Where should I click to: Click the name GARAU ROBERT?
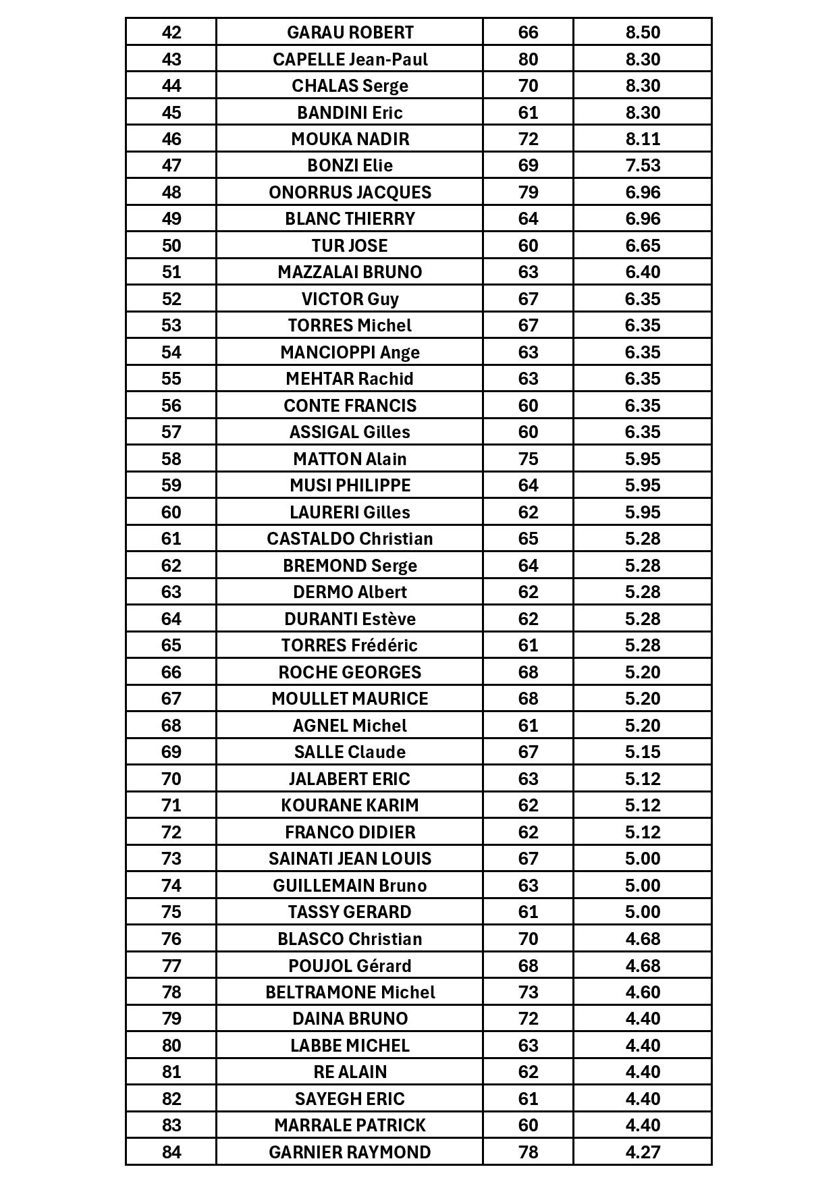click(350, 32)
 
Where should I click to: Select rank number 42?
click(171, 32)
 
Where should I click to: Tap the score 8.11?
click(642, 139)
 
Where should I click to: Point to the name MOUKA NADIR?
click(350, 139)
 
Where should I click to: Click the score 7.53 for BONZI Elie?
click(642, 165)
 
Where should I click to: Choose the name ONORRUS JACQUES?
click(350, 192)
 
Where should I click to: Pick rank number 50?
click(171, 246)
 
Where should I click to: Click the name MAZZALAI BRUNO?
click(350, 272)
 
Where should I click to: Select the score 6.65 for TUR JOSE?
click(642, 246)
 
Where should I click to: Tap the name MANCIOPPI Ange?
click(350, 352)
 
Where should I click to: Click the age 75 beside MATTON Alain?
click(528, 459)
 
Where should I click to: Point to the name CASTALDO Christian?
click(350, 539)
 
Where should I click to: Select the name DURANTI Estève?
click(350, 619)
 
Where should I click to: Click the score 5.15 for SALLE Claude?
click(642, 752)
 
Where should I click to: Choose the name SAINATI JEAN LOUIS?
click(350, 859)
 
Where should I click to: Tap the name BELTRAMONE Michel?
click(350, 992)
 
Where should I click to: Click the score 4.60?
click(642, 992)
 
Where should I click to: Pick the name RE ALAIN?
click(350, 1072)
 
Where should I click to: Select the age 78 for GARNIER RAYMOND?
click(528, 1152)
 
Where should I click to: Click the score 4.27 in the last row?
click(642, 1152)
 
